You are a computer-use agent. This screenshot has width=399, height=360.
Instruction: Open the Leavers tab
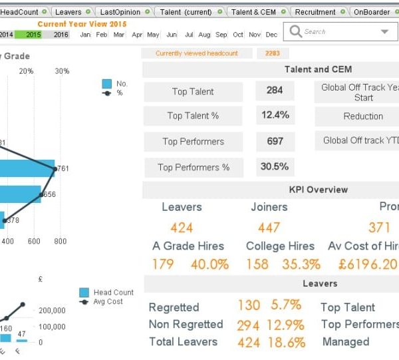pos(68,12)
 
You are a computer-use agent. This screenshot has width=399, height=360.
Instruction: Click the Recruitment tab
pos(315,12)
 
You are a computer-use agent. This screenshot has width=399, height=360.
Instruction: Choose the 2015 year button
pos(33,34)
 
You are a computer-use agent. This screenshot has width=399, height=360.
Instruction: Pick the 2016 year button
pos(61,34)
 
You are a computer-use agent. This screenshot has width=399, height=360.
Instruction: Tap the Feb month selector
pos(102,35)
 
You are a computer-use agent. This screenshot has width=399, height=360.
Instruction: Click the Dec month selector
pos(271,35)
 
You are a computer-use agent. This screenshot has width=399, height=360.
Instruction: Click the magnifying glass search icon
pos(295,31)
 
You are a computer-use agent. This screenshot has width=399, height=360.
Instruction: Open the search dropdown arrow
pos(385,31)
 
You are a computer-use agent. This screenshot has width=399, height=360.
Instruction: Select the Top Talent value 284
pos(275,90)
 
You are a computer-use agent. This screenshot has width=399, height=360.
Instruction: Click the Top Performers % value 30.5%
pos(275,166)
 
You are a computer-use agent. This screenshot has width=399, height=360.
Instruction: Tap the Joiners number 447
pos(269,228)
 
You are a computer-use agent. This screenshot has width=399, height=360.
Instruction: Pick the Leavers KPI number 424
pos(182,228)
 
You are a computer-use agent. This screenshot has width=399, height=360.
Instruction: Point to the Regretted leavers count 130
pos(249,305)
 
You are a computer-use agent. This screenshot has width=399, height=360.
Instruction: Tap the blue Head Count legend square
pos(84,292)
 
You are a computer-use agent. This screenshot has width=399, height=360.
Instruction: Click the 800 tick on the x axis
pos(60,242)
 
